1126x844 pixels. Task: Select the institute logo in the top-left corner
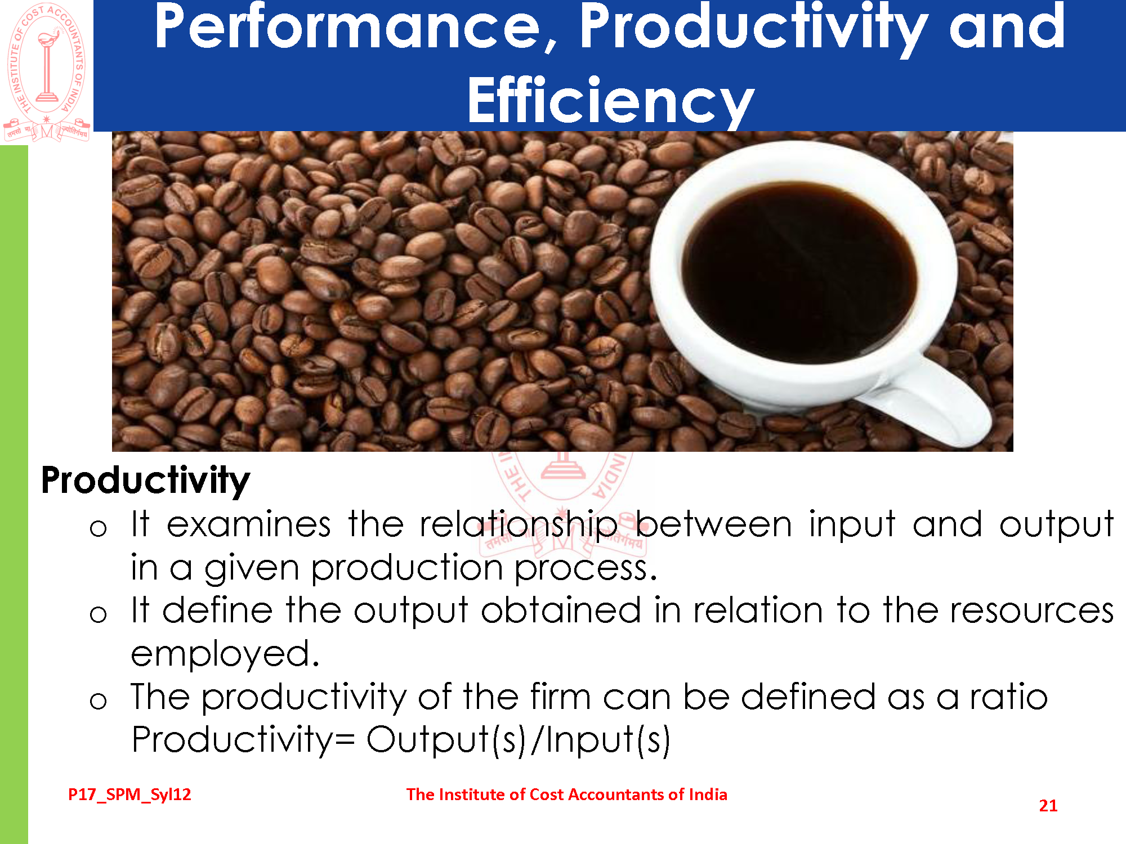(x=47, y=73)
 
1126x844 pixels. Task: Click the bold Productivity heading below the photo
(x=145, y=481)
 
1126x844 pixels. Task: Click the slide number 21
(x=1048, y=806)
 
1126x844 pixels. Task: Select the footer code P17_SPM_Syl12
(x=129, y=795)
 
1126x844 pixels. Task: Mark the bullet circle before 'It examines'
(x=98, y=528)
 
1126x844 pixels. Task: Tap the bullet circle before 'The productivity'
(x=98, y=701)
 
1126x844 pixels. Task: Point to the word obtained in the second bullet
(x=561, y=611)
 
